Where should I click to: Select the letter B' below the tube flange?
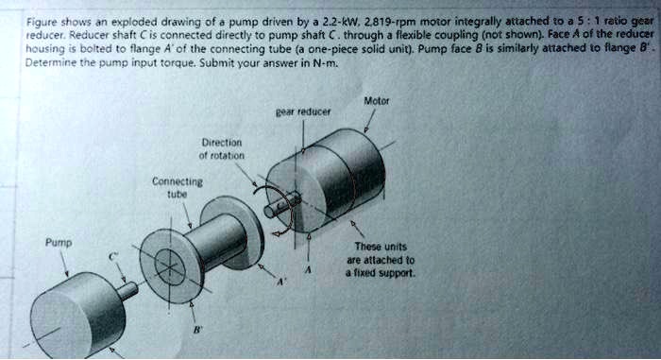196,332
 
